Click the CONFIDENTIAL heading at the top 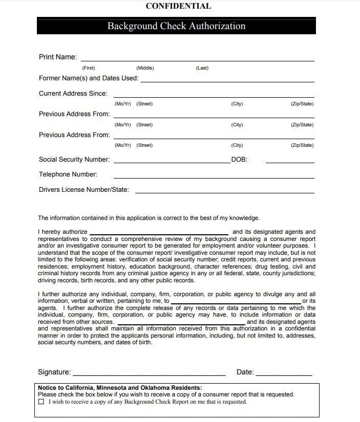click(x=178, y=6)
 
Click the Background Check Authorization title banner click(x=176, y=26)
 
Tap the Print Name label click(x=58, y=57)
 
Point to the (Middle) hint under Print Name click(x=145, y=68)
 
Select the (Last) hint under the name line click(x=202, y=68)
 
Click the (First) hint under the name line click(x=89, y=68)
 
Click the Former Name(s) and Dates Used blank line click(x=227, y=80)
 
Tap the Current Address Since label click(x=73, y=94)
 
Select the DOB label click(x=239, y=160)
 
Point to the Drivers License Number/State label click(x=84, y=190)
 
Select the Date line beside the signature click(x=283, y=374)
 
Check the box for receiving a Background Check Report click(x=41, y=402)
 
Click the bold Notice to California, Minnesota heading click(x=120, y=388)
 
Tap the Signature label click(x=54, y=372)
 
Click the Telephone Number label click(x=68, y=174)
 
